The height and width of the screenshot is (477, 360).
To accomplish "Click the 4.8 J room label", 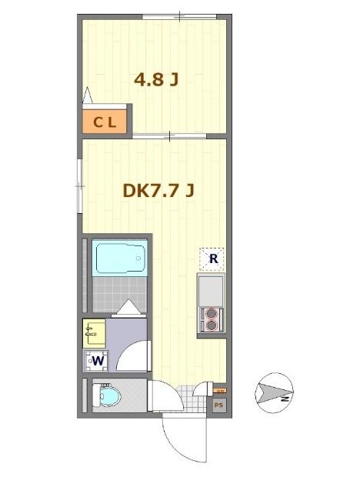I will (157, 80).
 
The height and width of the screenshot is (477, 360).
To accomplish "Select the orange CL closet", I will (105, 122).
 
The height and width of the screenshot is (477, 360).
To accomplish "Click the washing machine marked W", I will (96, 359).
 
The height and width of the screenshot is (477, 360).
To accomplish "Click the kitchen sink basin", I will (210, 290).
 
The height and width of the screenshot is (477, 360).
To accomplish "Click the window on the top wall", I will (178, 16).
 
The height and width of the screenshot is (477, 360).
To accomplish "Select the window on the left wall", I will (79, 185).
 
